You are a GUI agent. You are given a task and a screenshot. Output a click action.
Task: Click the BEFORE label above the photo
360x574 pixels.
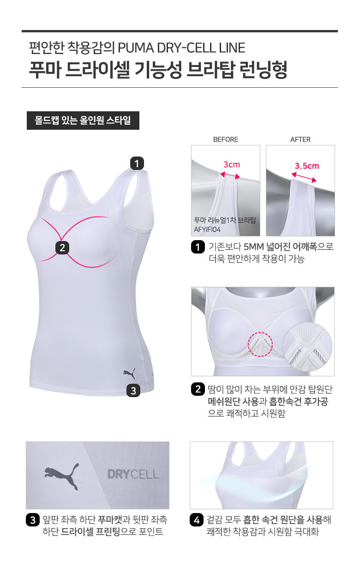coord(226,139)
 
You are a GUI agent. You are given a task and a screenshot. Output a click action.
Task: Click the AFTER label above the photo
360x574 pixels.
coord(300,139)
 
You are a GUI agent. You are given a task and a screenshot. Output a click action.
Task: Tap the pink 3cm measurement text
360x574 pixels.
coord(232,164)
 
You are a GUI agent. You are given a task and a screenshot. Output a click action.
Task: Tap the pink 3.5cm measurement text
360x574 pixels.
coord(307,166)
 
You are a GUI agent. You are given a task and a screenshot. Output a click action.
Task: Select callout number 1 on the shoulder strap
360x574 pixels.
coord(137,163)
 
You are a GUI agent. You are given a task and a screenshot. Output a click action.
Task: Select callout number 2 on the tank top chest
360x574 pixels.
coord(62,248)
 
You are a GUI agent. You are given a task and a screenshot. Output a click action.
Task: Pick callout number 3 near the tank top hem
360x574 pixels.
coord(133,391)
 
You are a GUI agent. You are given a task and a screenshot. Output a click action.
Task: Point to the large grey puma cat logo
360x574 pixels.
coord(61,477)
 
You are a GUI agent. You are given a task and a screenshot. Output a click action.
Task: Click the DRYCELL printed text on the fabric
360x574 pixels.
coord(133,474)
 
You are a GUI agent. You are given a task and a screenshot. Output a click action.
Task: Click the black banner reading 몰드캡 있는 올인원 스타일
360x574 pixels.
coord(83,121)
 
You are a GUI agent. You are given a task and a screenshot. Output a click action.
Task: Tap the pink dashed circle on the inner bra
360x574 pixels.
coord(260,344)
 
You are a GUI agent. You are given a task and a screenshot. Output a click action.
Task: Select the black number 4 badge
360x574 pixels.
coord(197,520)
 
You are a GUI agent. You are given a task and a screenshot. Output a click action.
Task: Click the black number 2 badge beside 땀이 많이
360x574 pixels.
coord(198,389)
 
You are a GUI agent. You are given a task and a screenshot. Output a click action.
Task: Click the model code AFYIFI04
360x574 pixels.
coord(207,230)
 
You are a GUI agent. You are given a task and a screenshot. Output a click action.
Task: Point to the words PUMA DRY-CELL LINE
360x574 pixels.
coord(181,48)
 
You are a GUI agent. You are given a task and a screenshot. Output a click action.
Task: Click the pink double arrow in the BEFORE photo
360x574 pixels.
coord(230,175)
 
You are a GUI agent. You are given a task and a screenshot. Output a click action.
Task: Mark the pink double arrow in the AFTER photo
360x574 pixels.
coord(304,177)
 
